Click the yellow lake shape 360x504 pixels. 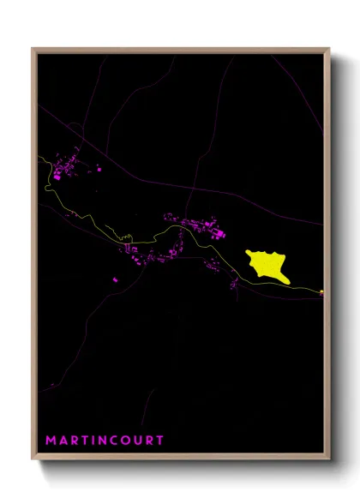tap(265, 264)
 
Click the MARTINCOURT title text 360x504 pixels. tap(105, 440)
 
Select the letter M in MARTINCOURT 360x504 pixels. tap(51, 440)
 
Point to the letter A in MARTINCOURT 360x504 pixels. tap(63, 440)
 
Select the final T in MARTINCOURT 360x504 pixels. tap(160, 440)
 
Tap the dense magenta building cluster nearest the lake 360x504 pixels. tap(206, 228)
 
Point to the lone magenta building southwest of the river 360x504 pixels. tap(117, 279)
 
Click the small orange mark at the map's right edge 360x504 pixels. tap(321, 292)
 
